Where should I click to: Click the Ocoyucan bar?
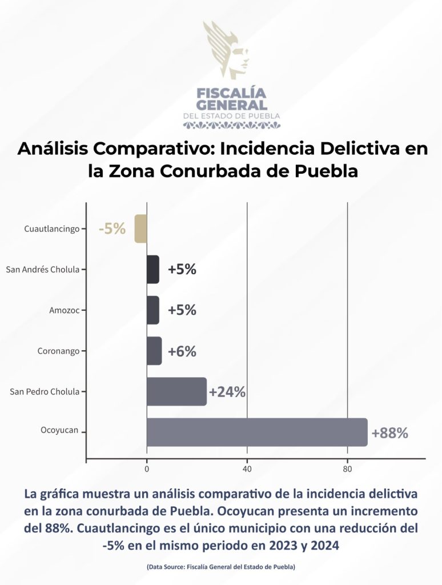(x=257, y=432)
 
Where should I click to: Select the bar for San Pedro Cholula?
(x=176, y=391)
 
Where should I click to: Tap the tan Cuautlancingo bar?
(x=140, y=229)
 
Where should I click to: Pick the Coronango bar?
(x=154, y=351)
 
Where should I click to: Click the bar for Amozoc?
(x=153, y=310)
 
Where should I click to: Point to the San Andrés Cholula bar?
(x=153, y=270)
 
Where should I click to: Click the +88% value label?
(x=389, y=433)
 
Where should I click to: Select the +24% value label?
(x=227, y=392)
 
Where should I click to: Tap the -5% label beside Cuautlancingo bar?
(x=112, y=229)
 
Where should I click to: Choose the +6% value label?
(x=182, y=351)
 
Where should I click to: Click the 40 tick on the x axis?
(x=247, y=470)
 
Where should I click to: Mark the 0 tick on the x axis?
(x=147, y=470)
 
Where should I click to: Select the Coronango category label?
(x=58, y=351)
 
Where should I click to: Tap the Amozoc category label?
(x=65, y=310)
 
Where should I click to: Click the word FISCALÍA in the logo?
(x=231, y=93)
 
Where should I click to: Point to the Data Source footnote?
(x=221, y=567)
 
